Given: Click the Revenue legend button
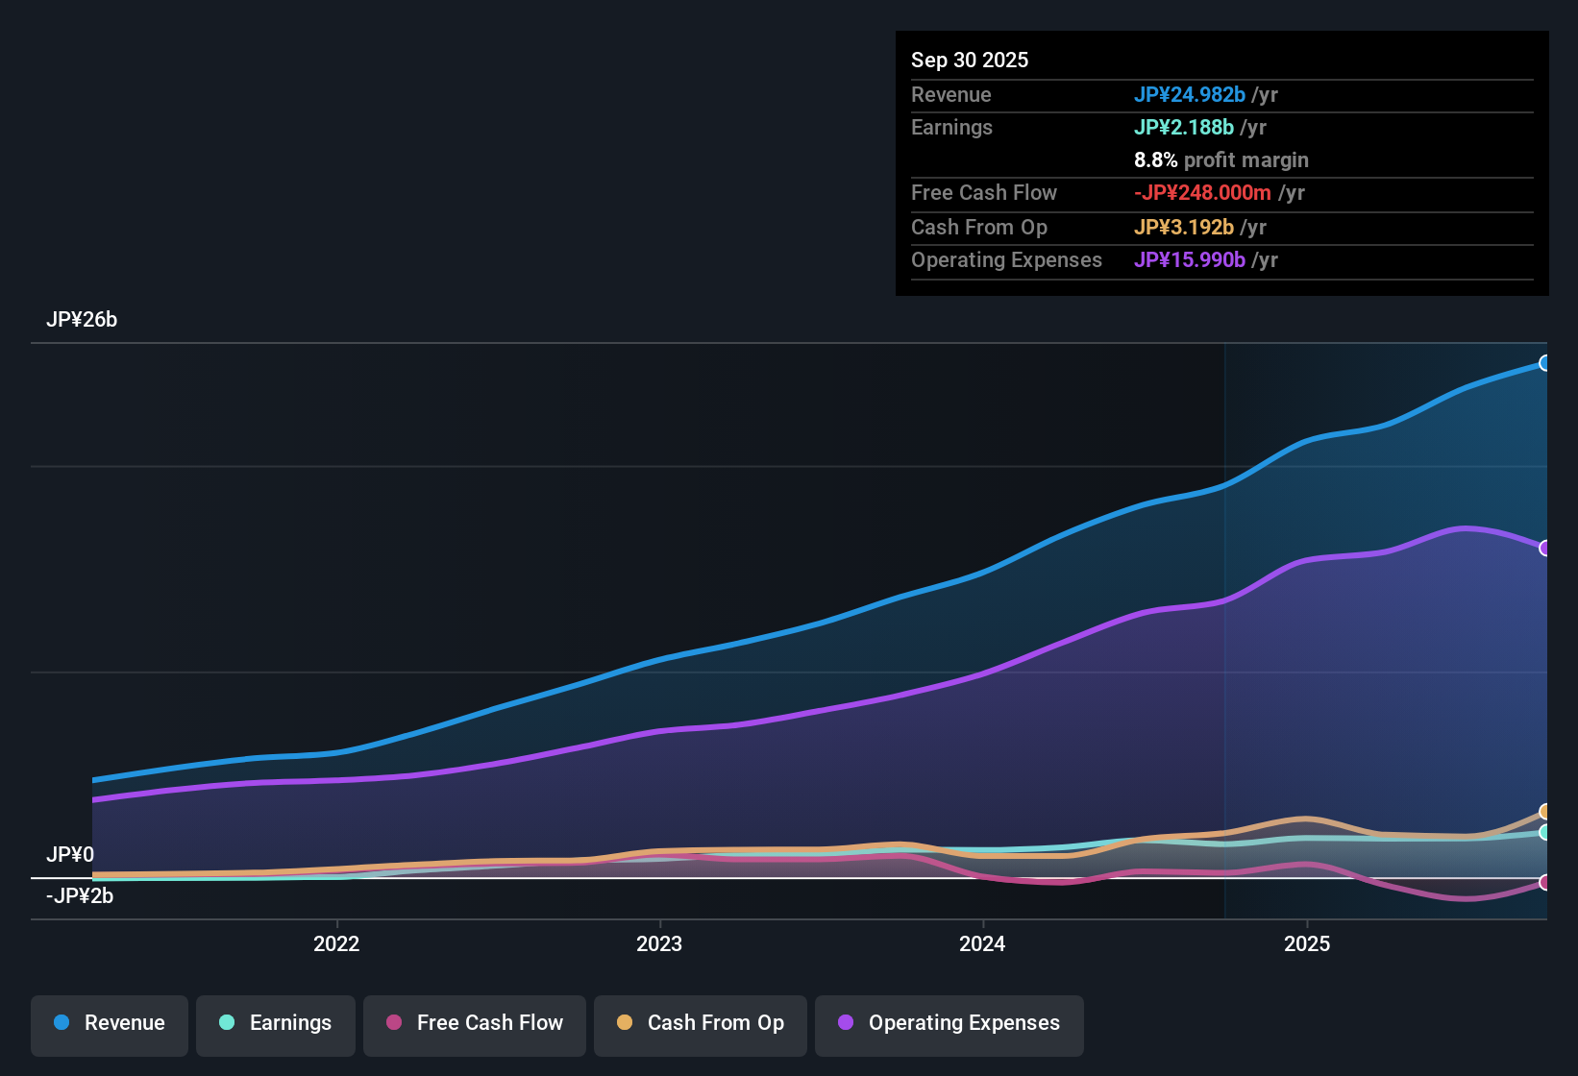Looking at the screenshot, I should pyautogui.click(x=110, y=1023).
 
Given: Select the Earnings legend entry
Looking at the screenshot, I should pyautogui.click(x=276, y=1023).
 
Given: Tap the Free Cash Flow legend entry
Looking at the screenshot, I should pyautogui.click(x=475, y=1023).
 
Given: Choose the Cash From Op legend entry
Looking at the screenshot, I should pyautogui.click(x=701, y=1023).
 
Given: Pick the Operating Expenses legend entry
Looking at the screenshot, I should pyautogui.click(x=949, y=1023).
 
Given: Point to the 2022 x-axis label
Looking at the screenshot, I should pyautogui.click(x=336, y=943).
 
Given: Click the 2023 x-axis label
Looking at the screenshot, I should pyautogui.click(x=659, y=943).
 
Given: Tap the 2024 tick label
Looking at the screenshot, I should pyautogui.click(x=982, y=943).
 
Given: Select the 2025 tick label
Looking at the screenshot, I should pyautogui.click(x=1307, y=943).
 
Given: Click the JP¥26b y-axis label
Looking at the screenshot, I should pyautogui.click(x=82, y=320).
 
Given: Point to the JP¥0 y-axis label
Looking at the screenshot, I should pyautogui.click(x=70, y=855).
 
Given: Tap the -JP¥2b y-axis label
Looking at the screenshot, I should pyautogui.click(x=80, y=896).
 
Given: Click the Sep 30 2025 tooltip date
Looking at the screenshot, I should pyautogui.click(x=970, y=60).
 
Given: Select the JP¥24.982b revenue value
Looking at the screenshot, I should pyautogui.click(x=1189, y=94).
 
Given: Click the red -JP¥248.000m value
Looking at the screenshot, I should pyautogui.click(x=1202, y=192).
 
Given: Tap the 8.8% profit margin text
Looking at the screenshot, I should pyautogui.click(x=1220, y=159).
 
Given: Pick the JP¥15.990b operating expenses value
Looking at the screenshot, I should pyautogui.click(x=1189, y=259).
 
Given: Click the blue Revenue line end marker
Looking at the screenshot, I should pyautogui.click(x=1544, y=363).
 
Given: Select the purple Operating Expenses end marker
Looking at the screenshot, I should pyautogui.click(x=1544, y=548).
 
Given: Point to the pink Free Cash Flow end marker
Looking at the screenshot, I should pyautogui.click(x=1544, y=882).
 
